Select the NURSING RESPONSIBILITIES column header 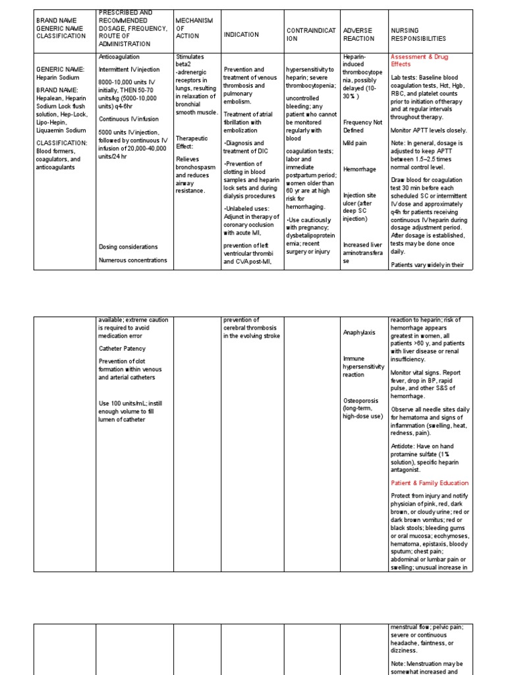click(x=418, y=34)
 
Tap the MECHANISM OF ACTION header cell click(x=194, y=28)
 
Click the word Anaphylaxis click(x=359, y=333)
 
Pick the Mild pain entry click(x=355, y=143)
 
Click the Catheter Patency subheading click(x=122, y=348)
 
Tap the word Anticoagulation click(x=121, y=57)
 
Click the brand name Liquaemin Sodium click(x=63, y=131)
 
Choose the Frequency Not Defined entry click(x=362, y=126)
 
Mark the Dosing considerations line click(x=128, y=247)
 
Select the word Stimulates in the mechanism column click(x=190, y=57)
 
